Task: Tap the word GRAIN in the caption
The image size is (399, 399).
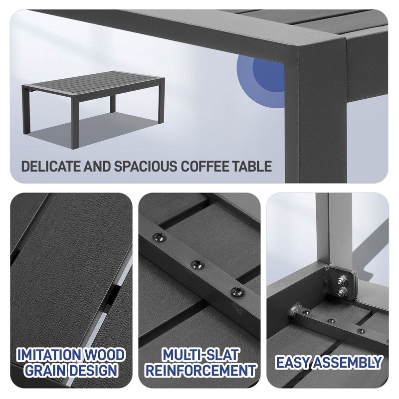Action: [x=47, y=371]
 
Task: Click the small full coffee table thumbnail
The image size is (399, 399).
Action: [x=93, y=102]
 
